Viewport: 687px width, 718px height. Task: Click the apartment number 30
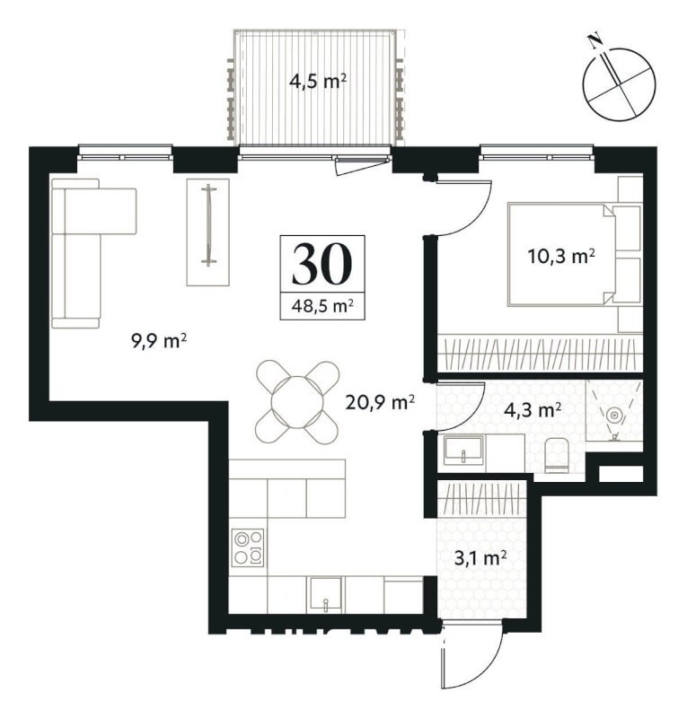coord(322,264)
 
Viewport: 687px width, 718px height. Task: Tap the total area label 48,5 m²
coord(322,305)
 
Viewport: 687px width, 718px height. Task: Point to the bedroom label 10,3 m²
coord(561,257)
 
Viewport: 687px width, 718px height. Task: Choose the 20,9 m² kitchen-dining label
coord(381,403)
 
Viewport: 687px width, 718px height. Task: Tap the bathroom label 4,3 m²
coord(533,410)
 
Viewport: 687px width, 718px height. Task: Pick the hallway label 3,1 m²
coord(480,558)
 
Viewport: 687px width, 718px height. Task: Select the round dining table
coord(298,402)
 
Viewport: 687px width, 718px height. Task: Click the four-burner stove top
coord(248,547)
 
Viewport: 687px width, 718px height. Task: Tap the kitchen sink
coord(325,594)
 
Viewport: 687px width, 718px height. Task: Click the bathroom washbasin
coord(463,451)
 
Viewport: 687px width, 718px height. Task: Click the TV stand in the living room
coord(207,232)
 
